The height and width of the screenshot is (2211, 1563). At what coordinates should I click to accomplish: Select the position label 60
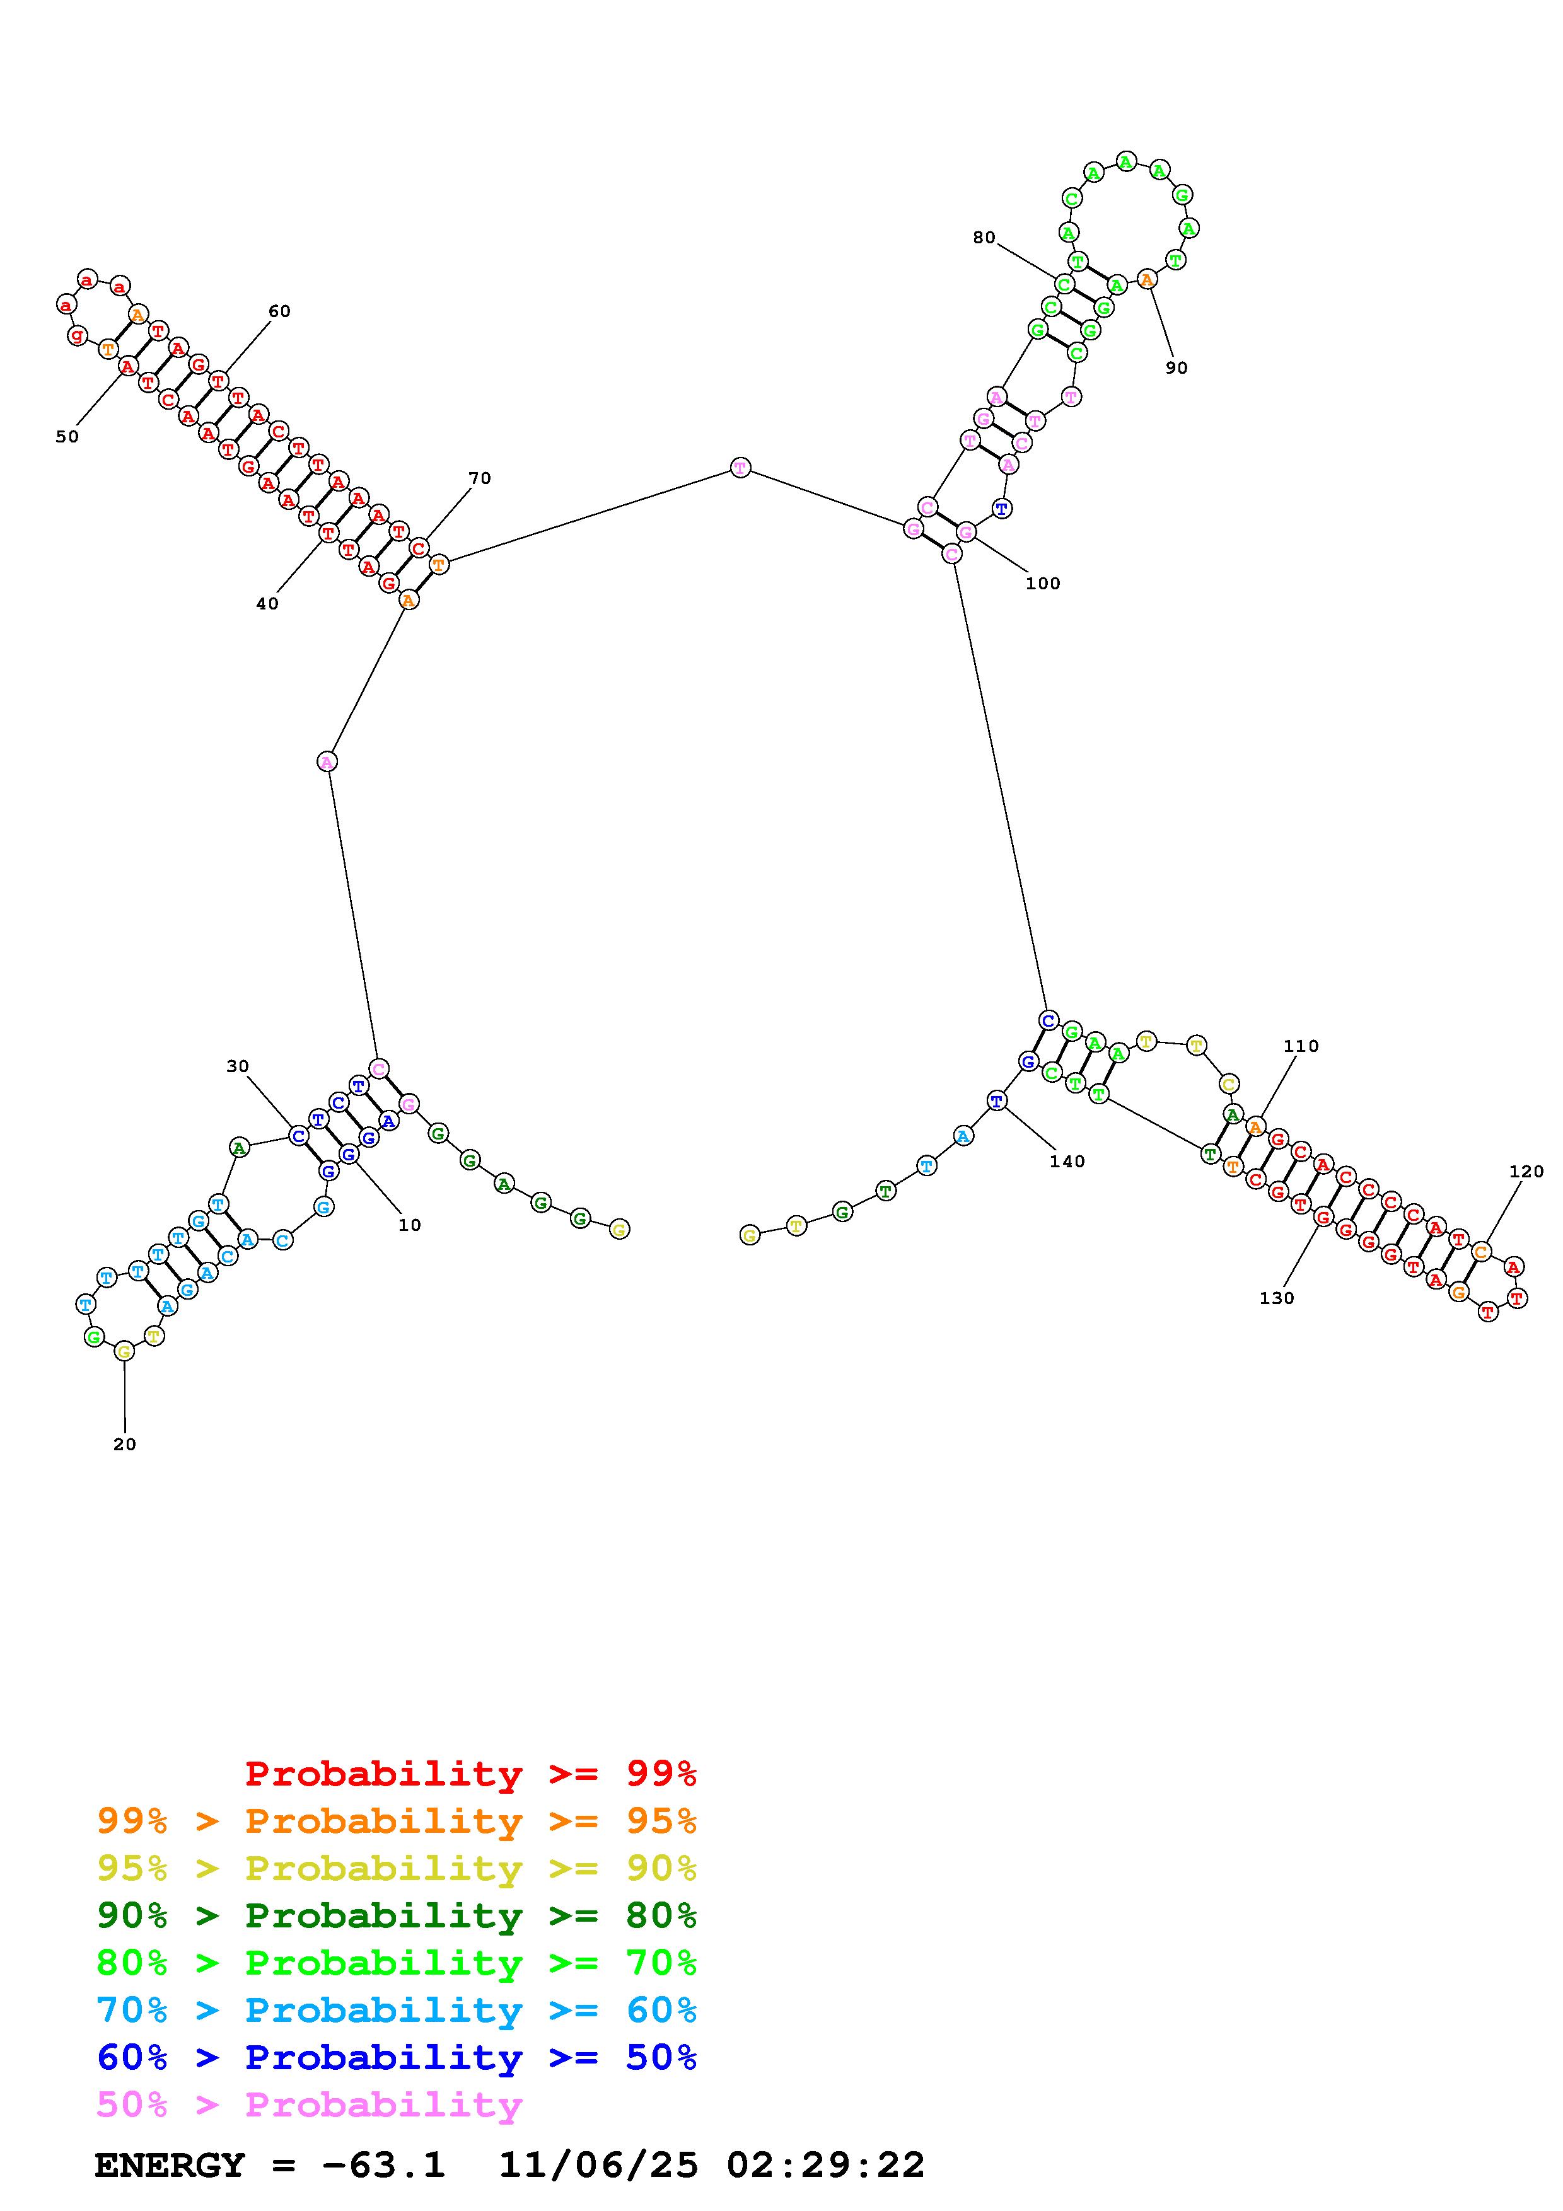point(279,311)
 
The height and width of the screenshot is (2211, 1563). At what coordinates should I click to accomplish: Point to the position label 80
point(983,238)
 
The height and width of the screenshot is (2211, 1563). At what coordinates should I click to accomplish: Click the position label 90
point(1177,368)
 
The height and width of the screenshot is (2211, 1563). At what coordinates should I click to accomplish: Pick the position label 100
point(1043,584)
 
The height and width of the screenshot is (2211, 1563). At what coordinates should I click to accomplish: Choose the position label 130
point(1277,1298)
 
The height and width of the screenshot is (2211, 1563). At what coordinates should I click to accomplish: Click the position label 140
point(1067,1162)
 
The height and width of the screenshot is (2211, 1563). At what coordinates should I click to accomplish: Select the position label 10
point(410,1225)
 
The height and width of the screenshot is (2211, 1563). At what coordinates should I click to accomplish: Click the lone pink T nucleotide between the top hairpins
point(740,468)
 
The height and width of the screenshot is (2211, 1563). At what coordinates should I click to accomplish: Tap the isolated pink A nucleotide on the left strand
point(327,762)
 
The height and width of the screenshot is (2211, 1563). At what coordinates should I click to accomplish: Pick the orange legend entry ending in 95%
point(397,1821)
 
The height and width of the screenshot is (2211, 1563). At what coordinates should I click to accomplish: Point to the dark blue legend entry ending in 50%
point(397,2057)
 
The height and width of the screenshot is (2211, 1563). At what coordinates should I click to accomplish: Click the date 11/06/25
point(598,2166)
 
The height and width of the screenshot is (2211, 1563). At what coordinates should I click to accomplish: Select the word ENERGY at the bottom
point(170,2166)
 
